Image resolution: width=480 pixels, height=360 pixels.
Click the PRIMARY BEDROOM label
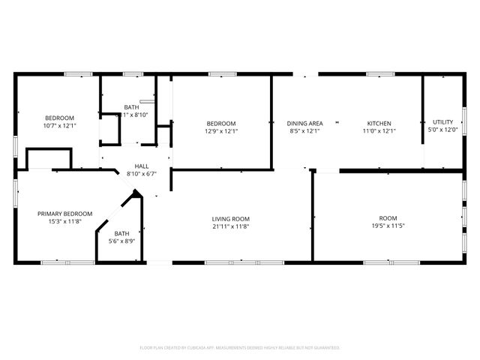click(x=65, y=214)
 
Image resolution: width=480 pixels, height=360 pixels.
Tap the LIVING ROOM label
click(x=230, y=218)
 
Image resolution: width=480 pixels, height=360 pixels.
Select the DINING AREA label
click(x=305, y=123)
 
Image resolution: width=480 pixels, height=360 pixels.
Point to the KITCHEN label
click(x=379, y=123)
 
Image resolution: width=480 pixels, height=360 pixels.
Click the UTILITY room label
click(x=442, y=122)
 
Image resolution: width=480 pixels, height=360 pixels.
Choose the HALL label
click(x=141, y=166)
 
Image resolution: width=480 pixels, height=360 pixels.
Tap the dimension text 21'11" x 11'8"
click(x=230, y=226)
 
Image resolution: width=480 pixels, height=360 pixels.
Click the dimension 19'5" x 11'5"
click(x=388, y=226)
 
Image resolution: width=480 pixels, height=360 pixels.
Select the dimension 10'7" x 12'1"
click(x=60, y=126)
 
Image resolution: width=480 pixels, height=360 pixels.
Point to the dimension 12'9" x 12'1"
click(x=221, y=131)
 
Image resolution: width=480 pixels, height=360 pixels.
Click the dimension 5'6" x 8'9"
click(x=121, y=241)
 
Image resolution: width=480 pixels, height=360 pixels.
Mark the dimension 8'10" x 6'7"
click(x=141, y=173)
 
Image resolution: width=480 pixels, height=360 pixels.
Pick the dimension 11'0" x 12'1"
click(x=379, y=131)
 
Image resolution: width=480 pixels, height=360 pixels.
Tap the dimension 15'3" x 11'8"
click(x=65, y=222)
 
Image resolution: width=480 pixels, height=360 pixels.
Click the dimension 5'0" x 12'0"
click(x=442, y=130)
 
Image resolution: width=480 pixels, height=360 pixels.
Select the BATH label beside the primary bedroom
click(x=121, y=233)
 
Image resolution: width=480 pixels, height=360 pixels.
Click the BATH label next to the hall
click(x=131, y=107)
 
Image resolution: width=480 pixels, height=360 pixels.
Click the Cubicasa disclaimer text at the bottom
click(x=240, y=348)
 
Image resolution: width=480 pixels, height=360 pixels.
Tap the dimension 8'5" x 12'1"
click(x=305, y=131)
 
